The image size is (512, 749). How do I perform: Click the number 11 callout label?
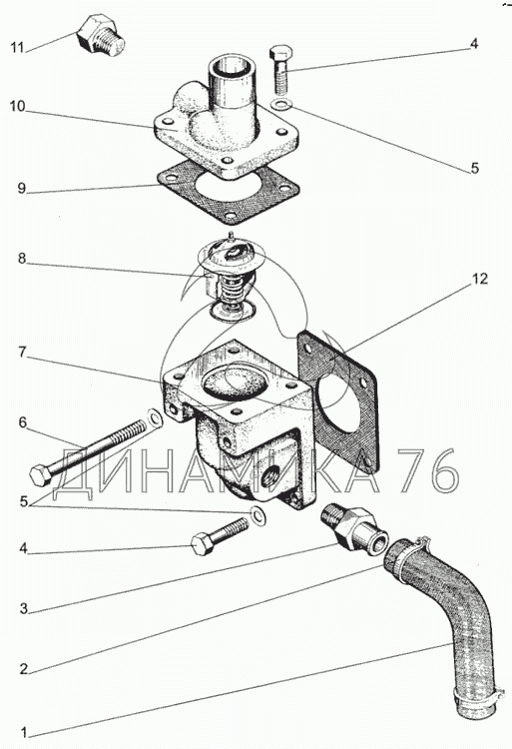click(x=17, y=48)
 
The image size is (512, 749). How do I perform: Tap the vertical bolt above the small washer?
click(x=280, y=69)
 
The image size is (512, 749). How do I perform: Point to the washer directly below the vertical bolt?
click(x=279, y=103)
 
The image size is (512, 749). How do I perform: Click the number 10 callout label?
click(x=17, y=106)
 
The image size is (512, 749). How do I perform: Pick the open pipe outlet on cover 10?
click(x=233, y=77)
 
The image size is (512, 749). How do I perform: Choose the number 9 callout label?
click(x=21, y=188)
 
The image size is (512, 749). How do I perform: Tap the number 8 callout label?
click(x=22, y=259)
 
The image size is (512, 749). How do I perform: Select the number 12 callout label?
click(x=480, y=279)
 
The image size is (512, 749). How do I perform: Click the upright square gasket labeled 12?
click(x=337, y=401)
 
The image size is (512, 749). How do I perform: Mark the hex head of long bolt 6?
click(x=40, y=474)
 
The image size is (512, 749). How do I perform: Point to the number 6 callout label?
click(x=22, y=422)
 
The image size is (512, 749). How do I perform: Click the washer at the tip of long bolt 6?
click(x=154, y=417)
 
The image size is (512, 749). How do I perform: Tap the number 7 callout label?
click(x=22, y=353)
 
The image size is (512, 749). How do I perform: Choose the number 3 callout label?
click(x=23, y=608)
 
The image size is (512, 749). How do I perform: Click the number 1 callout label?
click(x=23, y=732)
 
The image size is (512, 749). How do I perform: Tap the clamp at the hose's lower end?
click(x=478, y=697)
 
